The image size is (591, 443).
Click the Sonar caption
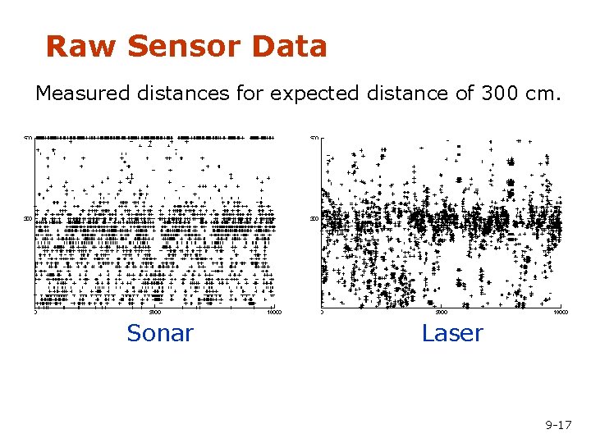[x=160, y=333]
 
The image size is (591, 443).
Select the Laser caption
[x=452, y=333]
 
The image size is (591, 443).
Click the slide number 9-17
[x=558, y=425]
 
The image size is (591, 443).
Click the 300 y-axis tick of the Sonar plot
[x=27, y=219]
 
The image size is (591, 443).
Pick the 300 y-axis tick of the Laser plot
[x=314, y=219]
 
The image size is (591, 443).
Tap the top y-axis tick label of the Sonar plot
[x=27, y=137]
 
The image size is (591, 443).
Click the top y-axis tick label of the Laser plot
[x=314, y=137]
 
